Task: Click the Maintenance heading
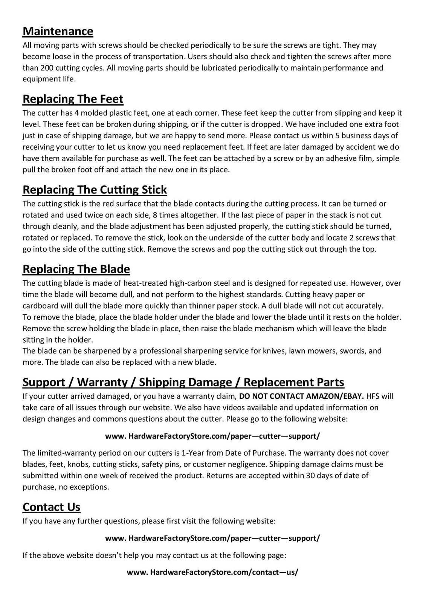click(x=58, y=31)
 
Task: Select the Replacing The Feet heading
click(x=73, y=99)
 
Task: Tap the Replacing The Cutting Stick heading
click(x=95, y=189)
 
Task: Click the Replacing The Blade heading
click(x=76, y=269)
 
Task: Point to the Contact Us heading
click(x=52, y=507)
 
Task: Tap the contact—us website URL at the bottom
click(x=213, y=572)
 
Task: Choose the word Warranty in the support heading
click(x=102, y=382)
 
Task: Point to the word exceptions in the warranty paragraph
click(x=90, y=487)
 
